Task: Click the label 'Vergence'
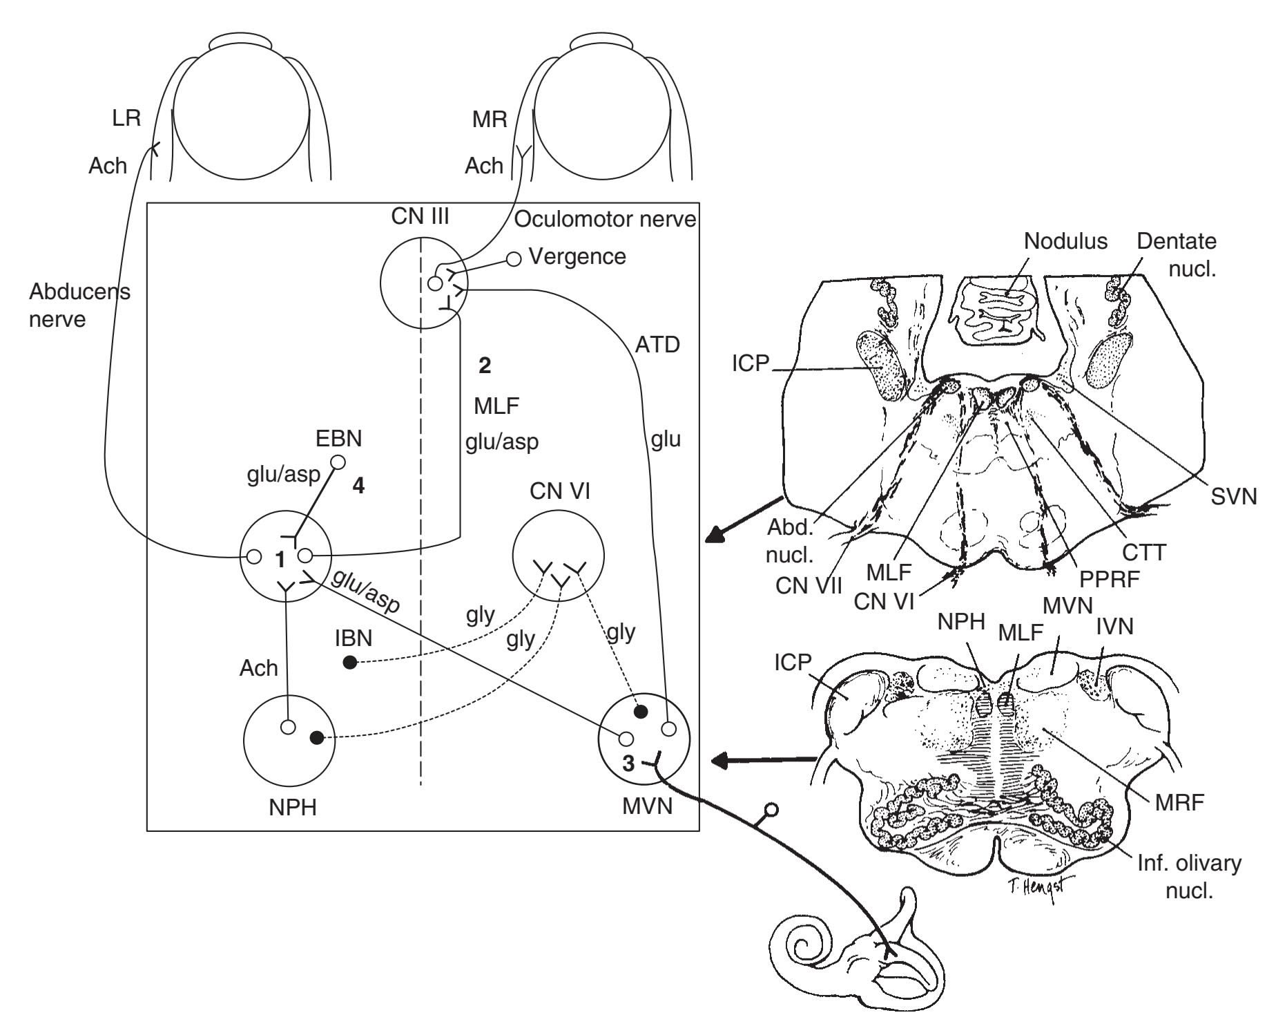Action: point(577,256)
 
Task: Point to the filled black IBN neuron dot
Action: point(350,663)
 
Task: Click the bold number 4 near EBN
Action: point(358,486)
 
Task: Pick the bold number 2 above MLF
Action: point(485,366)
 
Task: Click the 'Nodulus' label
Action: point(1065,241)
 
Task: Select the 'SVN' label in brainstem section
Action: point(1234,496)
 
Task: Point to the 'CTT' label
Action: point(1142,552)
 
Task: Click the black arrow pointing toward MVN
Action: point(764,761)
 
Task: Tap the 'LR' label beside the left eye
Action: point(126,117)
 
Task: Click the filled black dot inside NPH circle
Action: point(316,738)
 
